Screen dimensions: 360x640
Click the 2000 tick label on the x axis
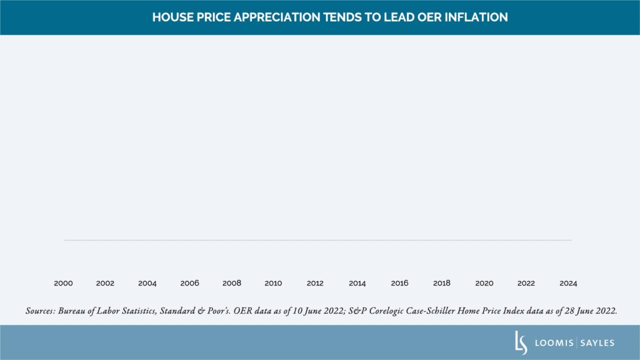coord(63,283)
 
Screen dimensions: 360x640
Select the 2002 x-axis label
coord(105,283)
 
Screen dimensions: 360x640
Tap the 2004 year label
coord(147,283)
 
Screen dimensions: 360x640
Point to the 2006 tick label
coord(189,283)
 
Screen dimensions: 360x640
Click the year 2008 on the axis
coord(231,283)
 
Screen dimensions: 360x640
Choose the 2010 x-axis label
coord(273,283)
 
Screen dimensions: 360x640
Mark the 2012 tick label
coord(315,283)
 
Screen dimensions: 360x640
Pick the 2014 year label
coord(357,283)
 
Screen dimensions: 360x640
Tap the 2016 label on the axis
coord(399,283)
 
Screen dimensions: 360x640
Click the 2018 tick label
coord(441,283)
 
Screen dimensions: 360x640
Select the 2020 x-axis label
coord(484,283)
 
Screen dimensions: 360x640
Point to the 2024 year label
coord(568,283)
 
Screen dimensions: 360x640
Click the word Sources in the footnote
coord(40,311)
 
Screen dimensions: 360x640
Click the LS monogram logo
coord(521,343)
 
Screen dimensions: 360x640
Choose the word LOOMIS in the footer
coord(554,343)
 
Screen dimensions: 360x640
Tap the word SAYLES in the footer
coord(597,343)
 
